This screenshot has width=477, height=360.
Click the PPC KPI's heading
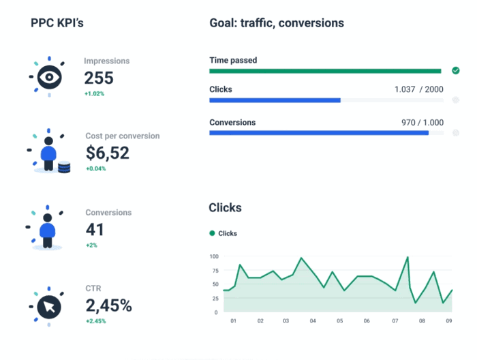[57, 23]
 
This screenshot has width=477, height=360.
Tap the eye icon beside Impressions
[48, 77]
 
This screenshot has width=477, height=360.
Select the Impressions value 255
[99, 78]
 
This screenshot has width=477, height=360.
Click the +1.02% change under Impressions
[94, 93]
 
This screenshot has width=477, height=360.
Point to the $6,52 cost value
[107, 153]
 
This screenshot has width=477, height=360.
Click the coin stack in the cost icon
[64, 166]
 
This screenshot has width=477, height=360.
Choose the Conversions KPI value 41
[95, 229]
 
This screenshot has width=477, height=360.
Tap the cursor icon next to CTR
[49, 305]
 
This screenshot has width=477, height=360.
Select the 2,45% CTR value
[108, 305]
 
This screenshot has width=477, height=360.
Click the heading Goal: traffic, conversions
[276, 23]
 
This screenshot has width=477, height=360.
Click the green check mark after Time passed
[455, 70]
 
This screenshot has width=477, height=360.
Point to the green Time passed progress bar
[325, 71]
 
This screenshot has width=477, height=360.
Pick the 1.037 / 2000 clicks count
[418, 89]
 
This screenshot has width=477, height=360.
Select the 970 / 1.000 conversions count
[422, 123]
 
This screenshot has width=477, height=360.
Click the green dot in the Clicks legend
[212, 233]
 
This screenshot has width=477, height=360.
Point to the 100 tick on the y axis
[213, 256]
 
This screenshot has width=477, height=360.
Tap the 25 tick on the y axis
[215, 299]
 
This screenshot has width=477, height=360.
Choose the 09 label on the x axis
[449, 321]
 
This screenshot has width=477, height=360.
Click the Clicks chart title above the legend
[225, 207]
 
